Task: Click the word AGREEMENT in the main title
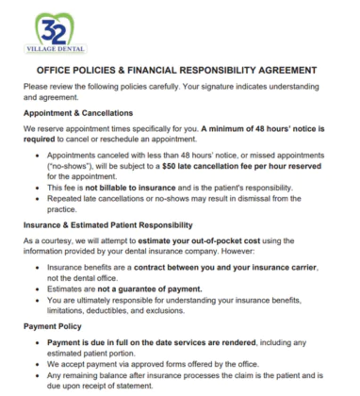coord(284,70)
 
